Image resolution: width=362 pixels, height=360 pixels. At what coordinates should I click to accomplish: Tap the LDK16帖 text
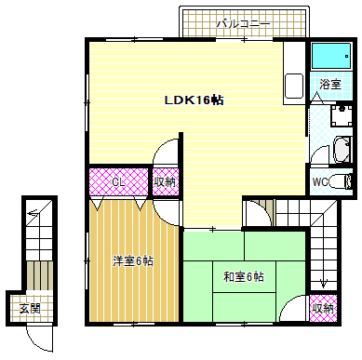tap(194, 100)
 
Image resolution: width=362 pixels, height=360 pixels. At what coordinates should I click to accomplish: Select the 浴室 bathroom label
tap(330, 85)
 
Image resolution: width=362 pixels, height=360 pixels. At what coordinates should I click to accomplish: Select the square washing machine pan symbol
tap(342, 115)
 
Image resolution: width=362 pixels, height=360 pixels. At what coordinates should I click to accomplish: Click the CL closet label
tap(119, 181)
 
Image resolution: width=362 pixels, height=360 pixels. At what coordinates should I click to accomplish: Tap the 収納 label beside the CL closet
tap(166, 182)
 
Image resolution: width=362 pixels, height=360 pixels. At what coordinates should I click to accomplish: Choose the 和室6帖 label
tap(245, 276)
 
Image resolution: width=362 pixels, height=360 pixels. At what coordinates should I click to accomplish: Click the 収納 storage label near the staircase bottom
tap(322, 308)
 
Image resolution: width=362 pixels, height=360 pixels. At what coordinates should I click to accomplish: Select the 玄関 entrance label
tap(30, 308)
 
